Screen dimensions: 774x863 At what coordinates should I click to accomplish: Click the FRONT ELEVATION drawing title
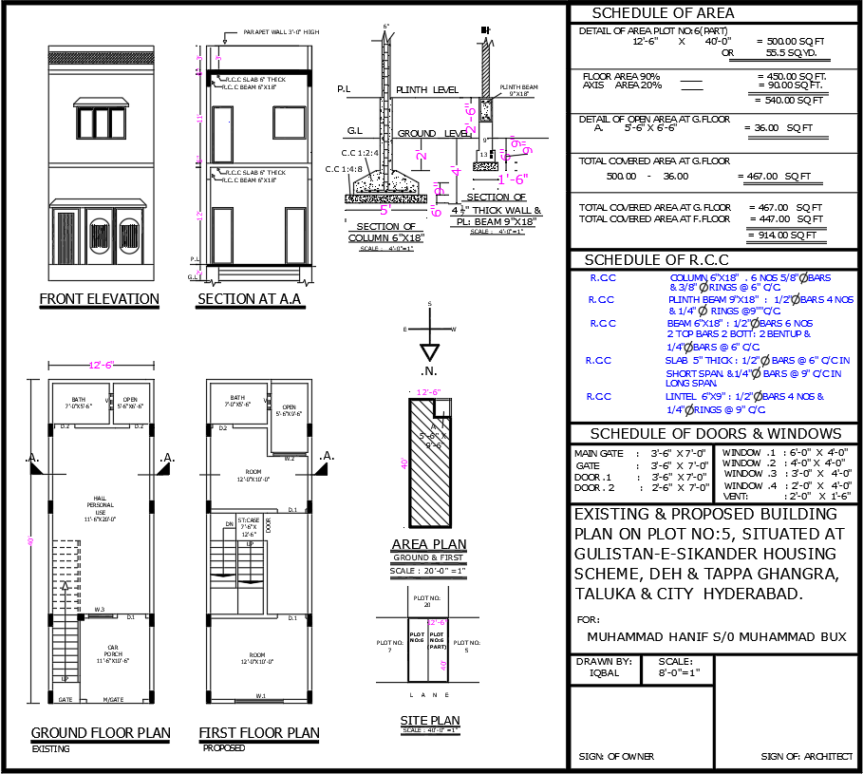[x=99, y=299]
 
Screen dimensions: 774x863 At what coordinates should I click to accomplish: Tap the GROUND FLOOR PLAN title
[x=101, y=732]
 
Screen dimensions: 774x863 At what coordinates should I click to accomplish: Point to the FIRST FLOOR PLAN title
[x=258, y=733]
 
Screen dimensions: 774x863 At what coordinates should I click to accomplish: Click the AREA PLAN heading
[x=429, y=544]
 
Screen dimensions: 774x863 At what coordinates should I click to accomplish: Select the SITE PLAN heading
[x=429, y=721]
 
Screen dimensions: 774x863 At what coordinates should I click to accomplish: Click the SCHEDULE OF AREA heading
[x=663, y=13]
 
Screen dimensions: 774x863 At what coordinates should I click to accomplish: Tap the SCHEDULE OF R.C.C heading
[x=656, y=260]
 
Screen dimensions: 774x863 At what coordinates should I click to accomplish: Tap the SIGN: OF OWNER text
[x=616, y=757]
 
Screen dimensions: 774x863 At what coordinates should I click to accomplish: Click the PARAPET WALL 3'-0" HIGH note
[x=281, y=31]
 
